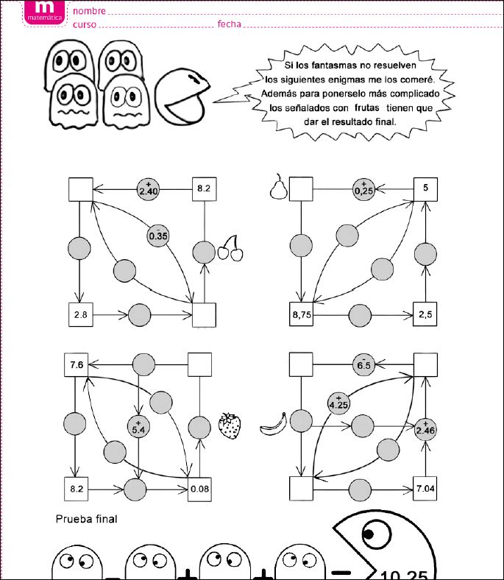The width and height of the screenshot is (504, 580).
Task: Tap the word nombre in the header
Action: (89, 11)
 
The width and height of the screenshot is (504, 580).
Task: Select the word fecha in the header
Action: (229, 24)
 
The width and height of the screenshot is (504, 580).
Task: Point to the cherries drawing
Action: (230, 249)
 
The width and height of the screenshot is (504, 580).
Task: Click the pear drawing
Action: (277, 187)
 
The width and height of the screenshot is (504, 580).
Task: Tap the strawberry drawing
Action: (230, 425)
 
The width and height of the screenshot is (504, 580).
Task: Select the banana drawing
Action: (273, 424)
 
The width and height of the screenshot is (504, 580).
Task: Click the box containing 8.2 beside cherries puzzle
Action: (204, 189)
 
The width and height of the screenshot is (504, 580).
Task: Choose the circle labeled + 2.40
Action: (149, 190)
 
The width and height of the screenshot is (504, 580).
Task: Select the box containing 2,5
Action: (425, 314)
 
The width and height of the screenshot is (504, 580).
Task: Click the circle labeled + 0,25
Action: (362, 188)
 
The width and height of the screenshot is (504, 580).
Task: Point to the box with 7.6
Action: (76, 364)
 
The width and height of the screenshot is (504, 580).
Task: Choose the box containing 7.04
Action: (426, 487)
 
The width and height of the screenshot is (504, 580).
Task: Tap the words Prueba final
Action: (86, 519)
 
